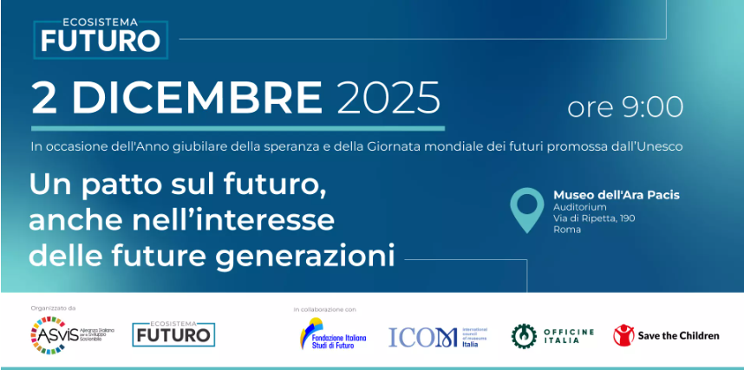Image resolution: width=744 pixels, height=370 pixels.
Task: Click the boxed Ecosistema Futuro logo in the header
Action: tap(101, 34)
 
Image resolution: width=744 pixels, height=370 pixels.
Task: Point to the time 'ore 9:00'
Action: tap(625, 107)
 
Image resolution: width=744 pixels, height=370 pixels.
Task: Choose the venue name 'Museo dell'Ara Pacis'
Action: tap(616, 195)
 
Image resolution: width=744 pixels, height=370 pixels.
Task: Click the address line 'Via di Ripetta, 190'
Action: tap(594, 218)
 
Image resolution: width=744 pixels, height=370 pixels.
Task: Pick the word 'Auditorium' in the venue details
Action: tap(580, 207)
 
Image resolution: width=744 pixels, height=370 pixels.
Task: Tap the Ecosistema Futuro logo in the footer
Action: tap(173, 334)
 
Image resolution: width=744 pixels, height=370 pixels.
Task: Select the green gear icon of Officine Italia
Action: tap(524, 335)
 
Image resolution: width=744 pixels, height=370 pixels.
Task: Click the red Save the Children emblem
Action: tap(623, 335)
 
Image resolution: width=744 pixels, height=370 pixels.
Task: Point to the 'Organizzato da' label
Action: tap(54, 308)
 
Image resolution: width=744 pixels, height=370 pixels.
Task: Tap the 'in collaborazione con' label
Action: tap(325, 309)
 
